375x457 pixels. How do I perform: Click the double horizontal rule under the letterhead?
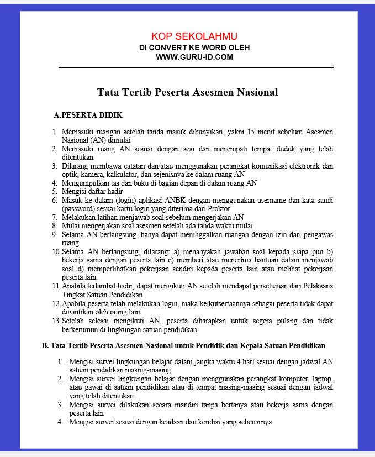pyautogui.click(x=196, y=68)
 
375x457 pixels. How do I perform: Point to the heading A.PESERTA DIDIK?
pyautogui.click(x=87, y=115)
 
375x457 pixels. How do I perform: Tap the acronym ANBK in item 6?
pyautogui.click(x=176, y=200)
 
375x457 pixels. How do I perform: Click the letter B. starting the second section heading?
pyautogui.click(x=45, y=345)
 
